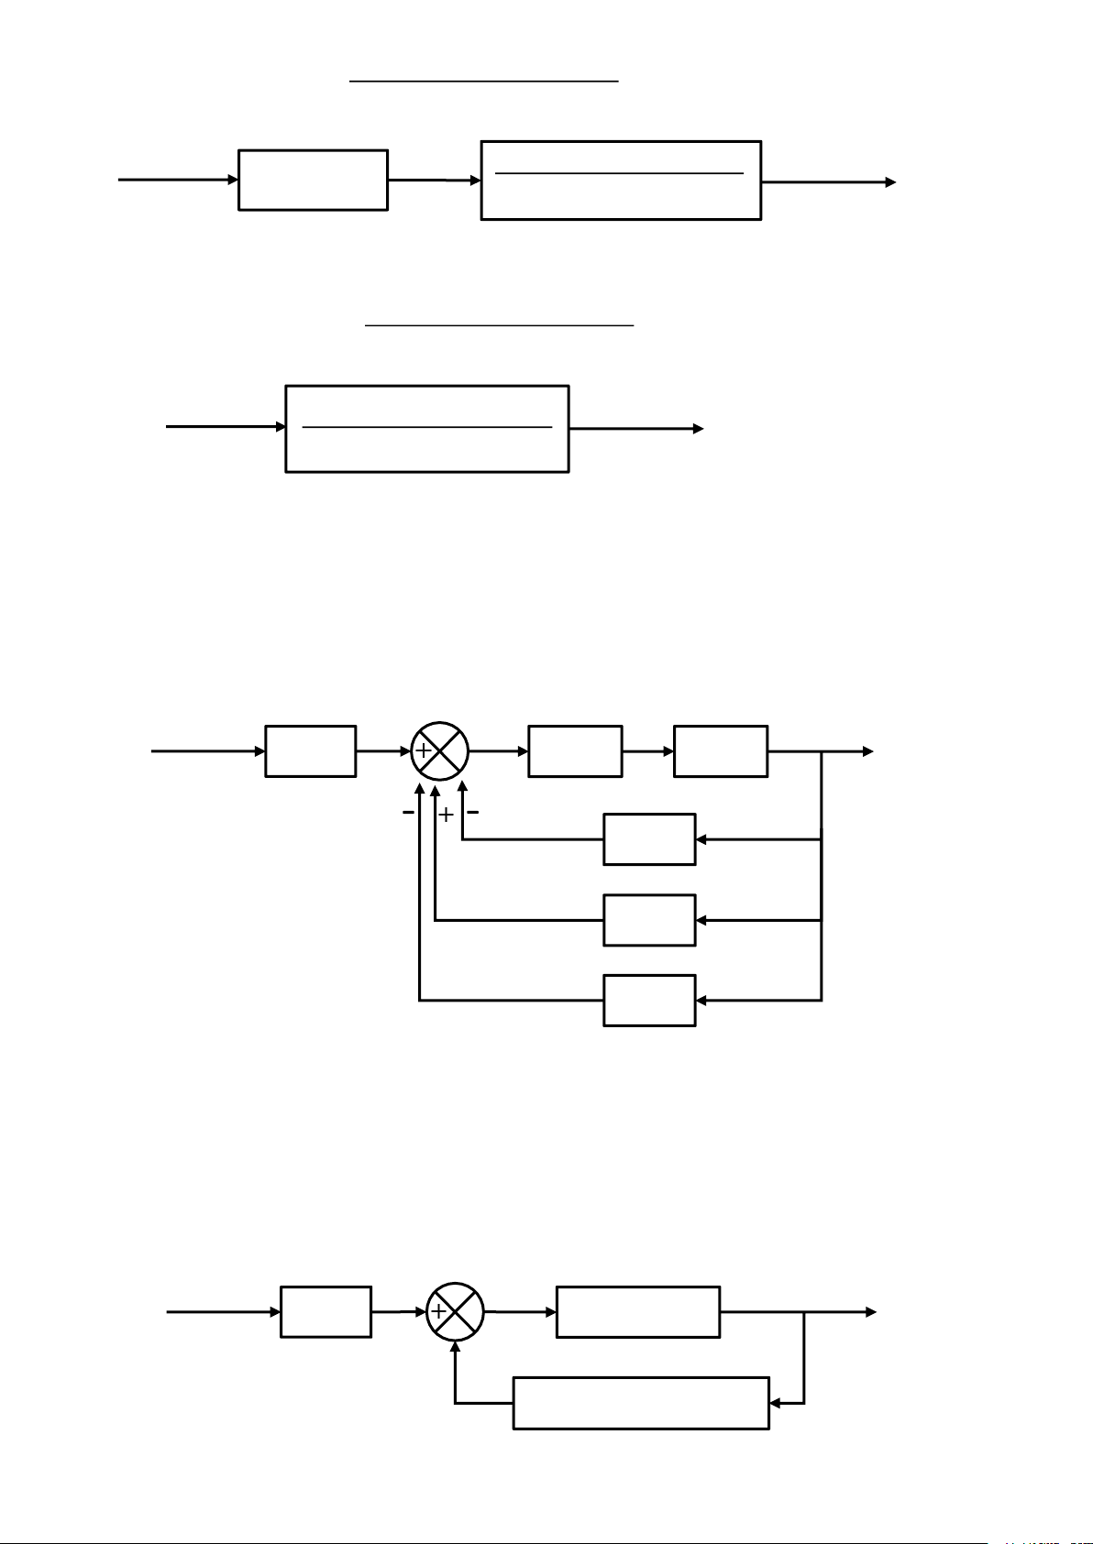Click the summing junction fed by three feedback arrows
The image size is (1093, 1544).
[x=440, y=750]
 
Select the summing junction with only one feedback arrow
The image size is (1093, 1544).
[x=455, y=1311]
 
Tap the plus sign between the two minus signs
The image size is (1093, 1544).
[x=446, y=815]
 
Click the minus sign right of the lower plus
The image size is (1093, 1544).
[x=473, y=812]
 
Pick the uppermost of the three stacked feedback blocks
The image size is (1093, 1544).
[x=649, y=838]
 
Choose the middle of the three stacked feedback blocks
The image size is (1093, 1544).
[x=649, y=920]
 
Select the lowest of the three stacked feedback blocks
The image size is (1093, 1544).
[x=649, y=1000]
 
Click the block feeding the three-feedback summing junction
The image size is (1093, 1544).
[x=310, y=751]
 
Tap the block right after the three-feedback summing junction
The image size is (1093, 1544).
[x=575, y=751]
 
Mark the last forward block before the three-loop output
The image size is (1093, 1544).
[x=721, y=751]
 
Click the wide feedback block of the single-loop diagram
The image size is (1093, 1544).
[x=640, y=1403]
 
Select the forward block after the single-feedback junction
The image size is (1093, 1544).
[x=637, y=1312]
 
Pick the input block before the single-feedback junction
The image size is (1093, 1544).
[x=326, y=1312]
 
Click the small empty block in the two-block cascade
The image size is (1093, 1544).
[x=313, y=180]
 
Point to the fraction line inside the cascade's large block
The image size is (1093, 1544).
[x=619, y=172]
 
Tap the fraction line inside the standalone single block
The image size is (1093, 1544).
[x=427, y=427]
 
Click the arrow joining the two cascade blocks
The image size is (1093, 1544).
[x=434, y=181]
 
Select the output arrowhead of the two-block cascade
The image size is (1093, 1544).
[x=890, y=182]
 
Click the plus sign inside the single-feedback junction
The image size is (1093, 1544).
[x=439, y=1312]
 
